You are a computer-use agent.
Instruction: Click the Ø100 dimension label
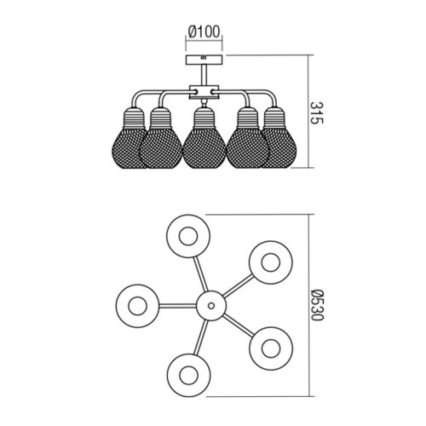click(x=204, y=32)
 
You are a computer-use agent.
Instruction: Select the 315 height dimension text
click(x=316, y=112)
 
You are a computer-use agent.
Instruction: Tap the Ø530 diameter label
click(x=317, y=305)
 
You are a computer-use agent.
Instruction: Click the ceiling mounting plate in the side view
click(x=204, y=60)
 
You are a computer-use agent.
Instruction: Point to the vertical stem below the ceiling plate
click(x=204, y=74)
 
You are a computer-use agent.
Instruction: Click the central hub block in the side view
click(x=204, y=91)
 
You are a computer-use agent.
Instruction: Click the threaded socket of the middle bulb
click(x=204, y=118)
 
